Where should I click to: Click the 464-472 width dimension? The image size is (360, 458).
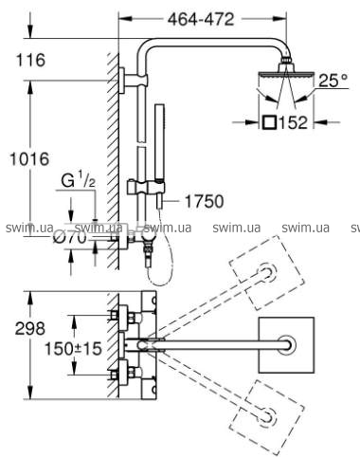pos(201,20)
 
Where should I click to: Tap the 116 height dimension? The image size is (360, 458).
pos(30,60)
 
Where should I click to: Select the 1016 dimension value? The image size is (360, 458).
pos(29,158)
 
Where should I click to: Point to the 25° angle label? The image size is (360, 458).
pos(333,81)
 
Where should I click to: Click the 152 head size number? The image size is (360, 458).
pos(293,122)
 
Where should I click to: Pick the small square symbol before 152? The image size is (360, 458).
pos(269,122)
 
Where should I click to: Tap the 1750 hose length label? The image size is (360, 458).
pos(204,201)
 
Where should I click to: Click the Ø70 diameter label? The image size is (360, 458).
pos(70,237)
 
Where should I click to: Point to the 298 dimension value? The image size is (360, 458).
pos(30,329)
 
